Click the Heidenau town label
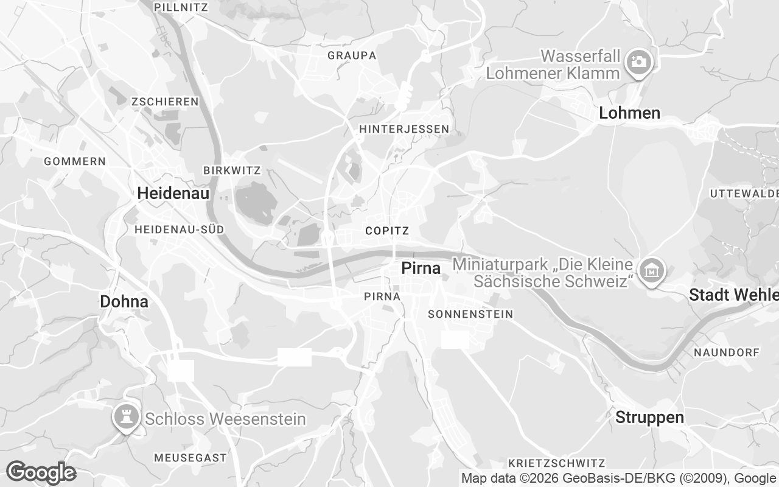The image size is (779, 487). point(173,194)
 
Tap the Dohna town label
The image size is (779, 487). point(124,301)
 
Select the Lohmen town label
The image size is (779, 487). point(629,113)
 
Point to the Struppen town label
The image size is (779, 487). point(649,418)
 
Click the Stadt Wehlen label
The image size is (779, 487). point(733,295)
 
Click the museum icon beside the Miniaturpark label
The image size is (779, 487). point(651,268)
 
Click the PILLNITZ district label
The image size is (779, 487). point(181,7)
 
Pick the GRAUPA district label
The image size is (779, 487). point(352,55)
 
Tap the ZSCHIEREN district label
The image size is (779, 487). point(165,102)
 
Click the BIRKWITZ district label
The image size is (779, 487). point(232,171)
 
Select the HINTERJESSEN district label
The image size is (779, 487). point(403,129)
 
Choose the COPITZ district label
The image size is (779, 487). point(387,231)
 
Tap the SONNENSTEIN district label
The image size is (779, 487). point(470,314)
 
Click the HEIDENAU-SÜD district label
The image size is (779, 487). point(179,229)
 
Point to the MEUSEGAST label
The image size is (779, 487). point(190,457)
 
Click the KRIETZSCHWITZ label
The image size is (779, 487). point(556,463)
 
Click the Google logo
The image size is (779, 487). point(41,472)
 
